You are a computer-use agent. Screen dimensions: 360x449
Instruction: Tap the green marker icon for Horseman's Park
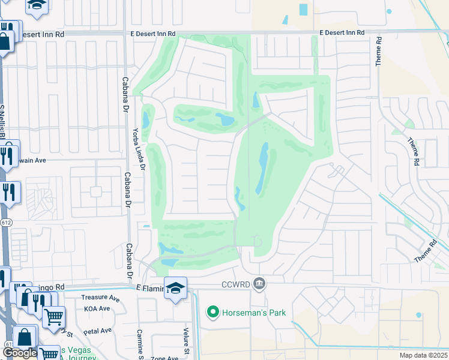[x=212, y=313]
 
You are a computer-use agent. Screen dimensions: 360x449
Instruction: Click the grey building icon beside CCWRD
[x=259, y=283]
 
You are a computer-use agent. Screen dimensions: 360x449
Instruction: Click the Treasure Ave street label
[x=100, y=298]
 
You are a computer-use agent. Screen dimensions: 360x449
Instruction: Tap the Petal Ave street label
[x=98, y=331]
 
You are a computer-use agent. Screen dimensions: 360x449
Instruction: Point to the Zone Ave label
[x=164, y=358]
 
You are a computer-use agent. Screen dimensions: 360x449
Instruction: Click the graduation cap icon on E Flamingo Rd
[x=175, y=288]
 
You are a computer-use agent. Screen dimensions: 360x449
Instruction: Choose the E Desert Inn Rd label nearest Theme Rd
[x=342, y=32]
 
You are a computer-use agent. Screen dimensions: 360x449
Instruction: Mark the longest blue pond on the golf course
[x=262, y=168]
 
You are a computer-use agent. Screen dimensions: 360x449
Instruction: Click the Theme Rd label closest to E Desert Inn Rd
[x=379, y=53]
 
